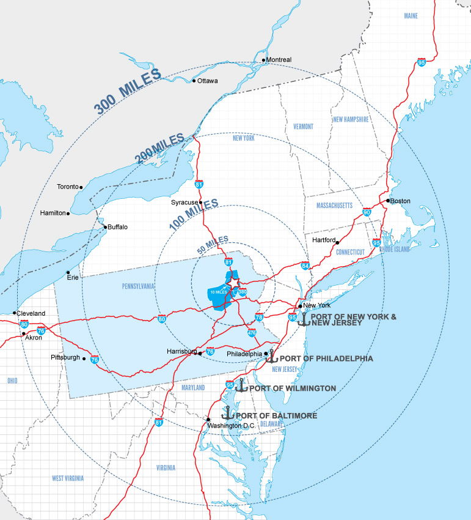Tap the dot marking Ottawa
coord(194,81)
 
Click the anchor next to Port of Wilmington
coord(241,386)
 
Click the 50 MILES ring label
coord(213,245)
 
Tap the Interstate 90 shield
coord(367,212)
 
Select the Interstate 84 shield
coord(305,266)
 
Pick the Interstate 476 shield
coord(252,333)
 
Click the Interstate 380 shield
coord(243,292)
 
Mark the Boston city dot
coord(388,201)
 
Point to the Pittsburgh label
coord(66,357)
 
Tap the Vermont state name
coord(303,127)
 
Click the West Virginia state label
coord(67,478)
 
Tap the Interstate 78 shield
coord(259,318)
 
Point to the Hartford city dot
coord(337,243)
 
